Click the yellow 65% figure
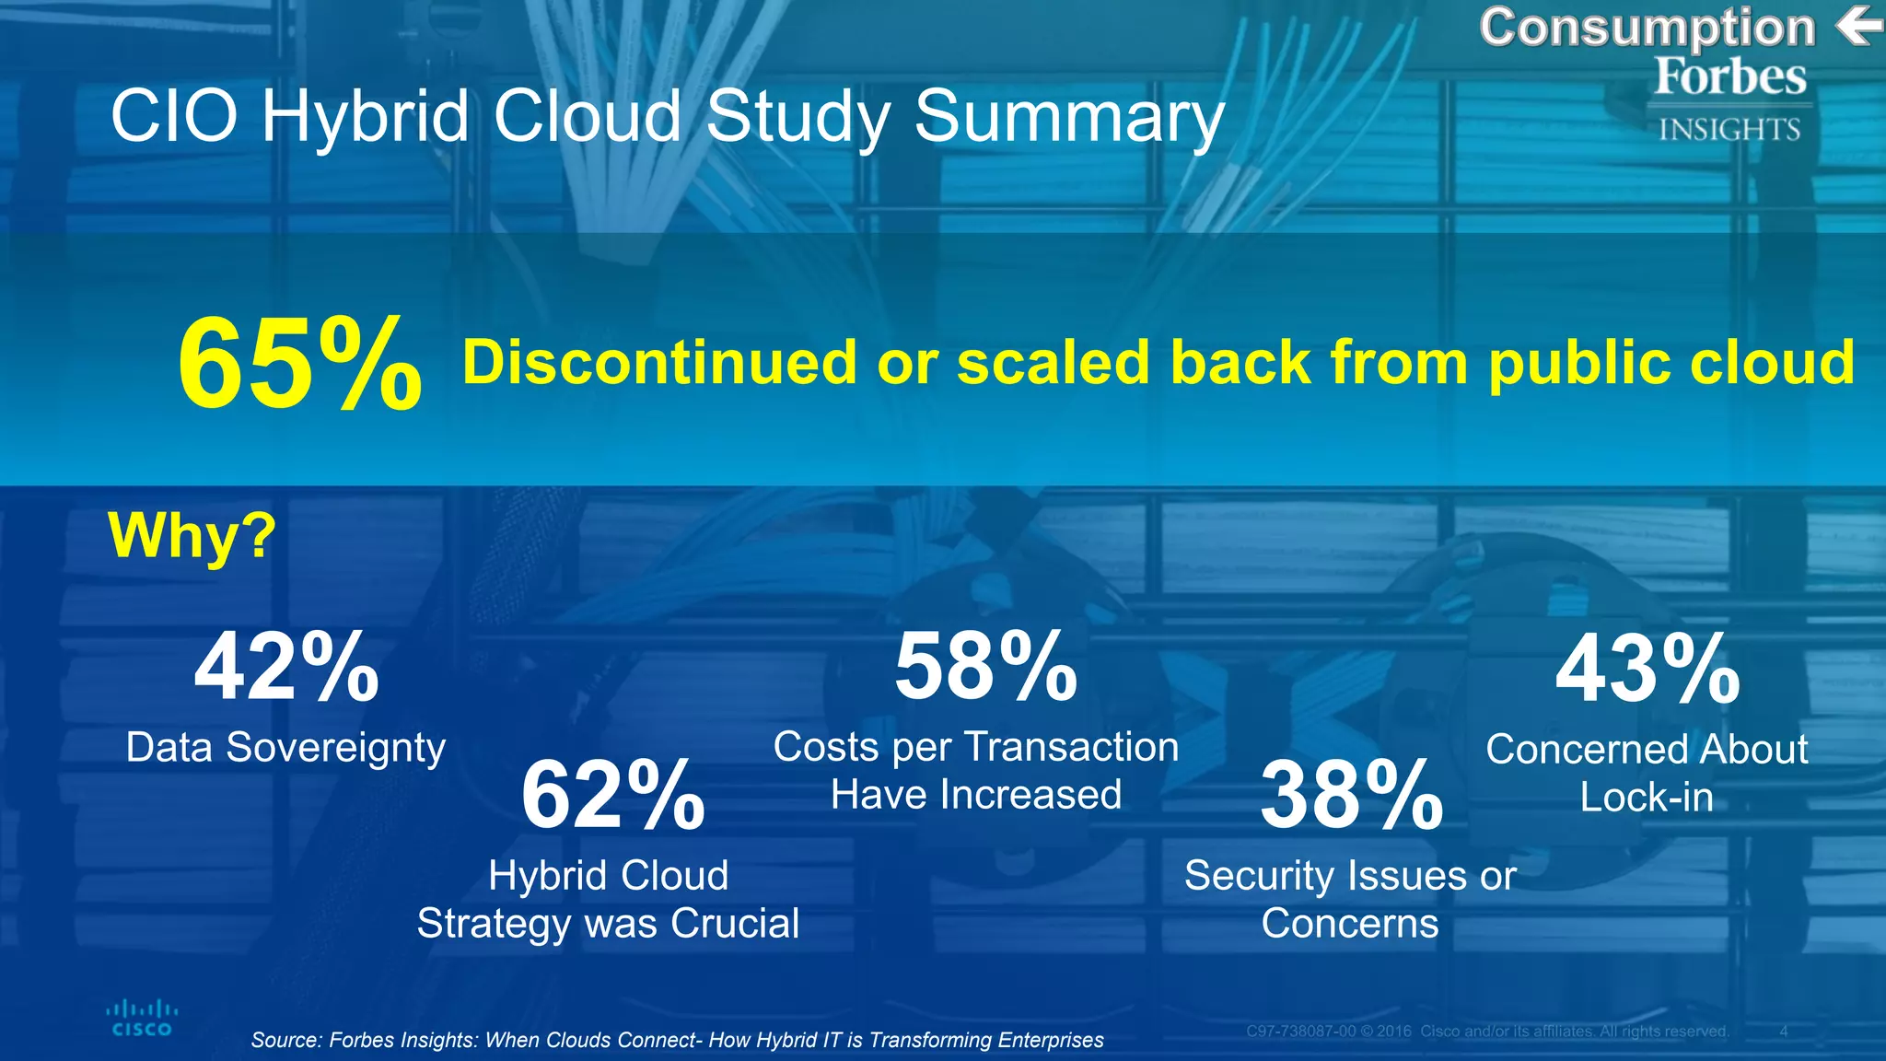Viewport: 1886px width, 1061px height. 299,363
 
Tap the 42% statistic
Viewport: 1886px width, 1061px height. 286,668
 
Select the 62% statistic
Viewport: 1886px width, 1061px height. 612,795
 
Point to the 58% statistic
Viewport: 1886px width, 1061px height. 985,668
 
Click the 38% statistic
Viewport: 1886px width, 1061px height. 1351,795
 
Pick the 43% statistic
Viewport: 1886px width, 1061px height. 1647,670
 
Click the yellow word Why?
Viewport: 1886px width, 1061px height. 192,535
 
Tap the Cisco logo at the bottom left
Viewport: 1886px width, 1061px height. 142,1019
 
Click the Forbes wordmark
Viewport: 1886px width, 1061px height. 1729,76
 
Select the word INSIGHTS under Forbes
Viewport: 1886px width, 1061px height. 1729,130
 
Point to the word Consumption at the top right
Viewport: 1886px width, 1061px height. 1647,28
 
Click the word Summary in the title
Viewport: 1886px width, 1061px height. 1068,118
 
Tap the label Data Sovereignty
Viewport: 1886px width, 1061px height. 285,748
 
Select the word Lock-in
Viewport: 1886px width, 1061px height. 1647,798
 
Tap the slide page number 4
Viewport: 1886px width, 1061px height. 1783,1032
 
